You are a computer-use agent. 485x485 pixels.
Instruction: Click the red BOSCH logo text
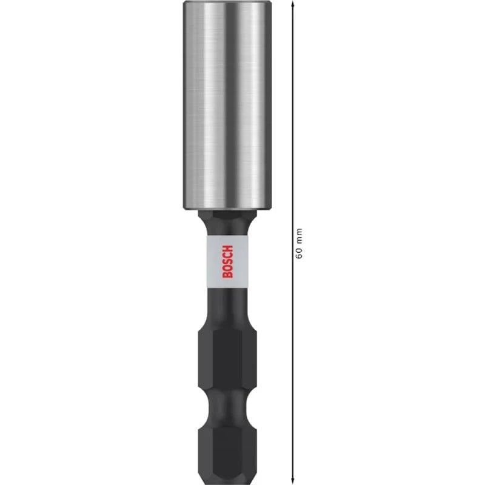(x=227, y=261)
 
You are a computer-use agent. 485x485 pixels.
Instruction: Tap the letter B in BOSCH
(x=227, y=275)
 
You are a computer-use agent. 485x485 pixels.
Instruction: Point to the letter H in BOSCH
(x=227, y=247)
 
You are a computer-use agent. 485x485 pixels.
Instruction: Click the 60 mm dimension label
(x=298, y=242)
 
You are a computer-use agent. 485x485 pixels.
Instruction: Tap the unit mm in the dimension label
(x=298, y=236)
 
